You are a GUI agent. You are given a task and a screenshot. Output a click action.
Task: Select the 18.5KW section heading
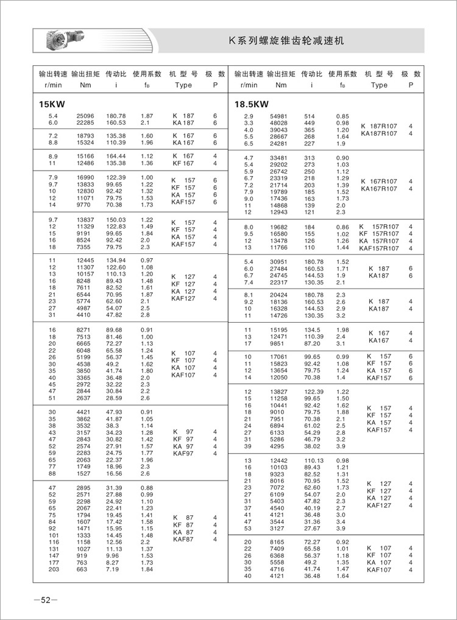pyautogui.click(x=252, y=104)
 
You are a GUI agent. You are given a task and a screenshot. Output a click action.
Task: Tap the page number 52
pyautogui.click(x=46, y=601)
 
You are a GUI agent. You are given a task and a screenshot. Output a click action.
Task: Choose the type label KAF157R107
pyautogui.click(x=379, y=248)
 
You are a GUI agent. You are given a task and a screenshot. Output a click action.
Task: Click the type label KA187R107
pyautogui.click(x=379, y=133)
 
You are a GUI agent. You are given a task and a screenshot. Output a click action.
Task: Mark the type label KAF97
pyautogui.click(x=183, y=453)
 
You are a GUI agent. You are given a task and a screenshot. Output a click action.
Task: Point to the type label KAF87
pyautogui.click(x=183, y=539)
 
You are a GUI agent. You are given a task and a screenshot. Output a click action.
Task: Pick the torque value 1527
pyautogui.click(x=83, y=473)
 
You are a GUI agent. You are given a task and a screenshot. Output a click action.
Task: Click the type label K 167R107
pyautogui.click(x=379, y=181)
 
